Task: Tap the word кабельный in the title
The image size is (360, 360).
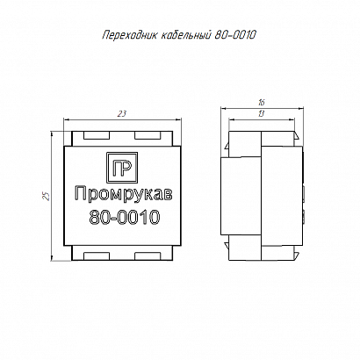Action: [x=186, y=35]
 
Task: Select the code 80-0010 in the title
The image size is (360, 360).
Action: [x=235, y=35]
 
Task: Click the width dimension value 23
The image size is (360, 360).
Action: [x=122, y=113]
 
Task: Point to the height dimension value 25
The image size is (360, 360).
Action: [x=47, y=196]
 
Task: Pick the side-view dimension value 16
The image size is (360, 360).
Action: [x=262, y=103]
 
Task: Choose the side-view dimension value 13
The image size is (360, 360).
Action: [x=262, y=113]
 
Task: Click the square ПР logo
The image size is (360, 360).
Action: [x=122, y=169]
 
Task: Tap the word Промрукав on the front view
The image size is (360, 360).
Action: [x=124, y=195]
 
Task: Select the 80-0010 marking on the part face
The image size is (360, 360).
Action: [x=125, y=217]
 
